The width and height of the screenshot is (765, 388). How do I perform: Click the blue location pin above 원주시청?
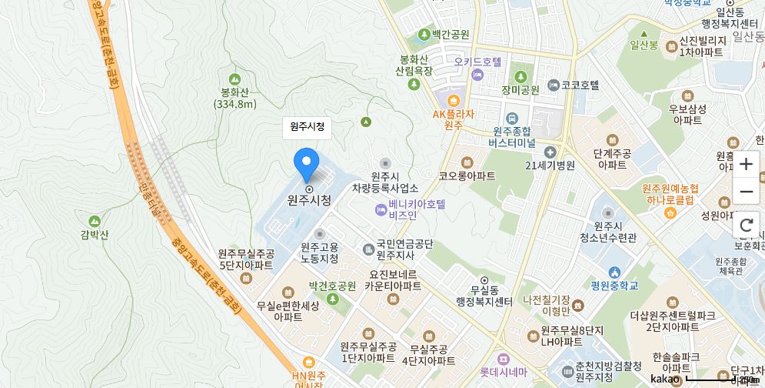coord(306,162)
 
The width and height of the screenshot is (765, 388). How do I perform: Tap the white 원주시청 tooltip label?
coord(307,126)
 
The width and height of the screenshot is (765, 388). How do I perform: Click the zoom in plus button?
coord(746,164)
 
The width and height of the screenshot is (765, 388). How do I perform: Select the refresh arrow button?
coord(746,225)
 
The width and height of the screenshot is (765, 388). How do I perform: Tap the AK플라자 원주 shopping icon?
coord(453,100)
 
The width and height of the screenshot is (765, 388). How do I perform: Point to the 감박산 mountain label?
coord(95,235)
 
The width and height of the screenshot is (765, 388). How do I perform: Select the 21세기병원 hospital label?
coord(550,165)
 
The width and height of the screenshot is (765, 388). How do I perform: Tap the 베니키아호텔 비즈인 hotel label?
coord(416,210)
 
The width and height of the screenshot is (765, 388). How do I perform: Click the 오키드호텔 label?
coord(477,62)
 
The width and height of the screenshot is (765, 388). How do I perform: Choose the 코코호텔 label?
coord(580,85)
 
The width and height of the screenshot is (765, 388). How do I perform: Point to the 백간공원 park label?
coord(450,35)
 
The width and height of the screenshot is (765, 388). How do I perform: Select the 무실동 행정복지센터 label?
coord(484,296)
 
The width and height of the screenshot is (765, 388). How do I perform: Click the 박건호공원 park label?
coord(332,286)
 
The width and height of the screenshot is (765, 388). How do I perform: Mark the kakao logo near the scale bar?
coord(664,379)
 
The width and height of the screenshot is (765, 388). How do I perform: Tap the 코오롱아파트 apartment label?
coord(467,176)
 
